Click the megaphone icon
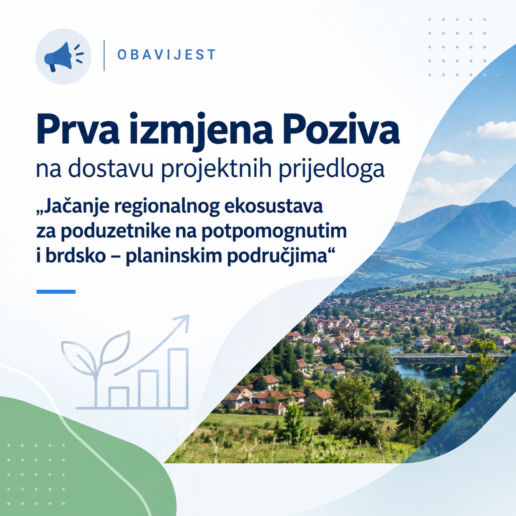pyautogui.click(x=64, y=57)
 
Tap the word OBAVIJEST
pyautogui.click(x=167, y=55)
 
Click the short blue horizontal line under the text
pyautogui.click(x=56, y=292)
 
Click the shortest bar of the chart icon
pyautogui.click(x=119, y=397)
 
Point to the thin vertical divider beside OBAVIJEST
pyautogui.click(x=104, y=56)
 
